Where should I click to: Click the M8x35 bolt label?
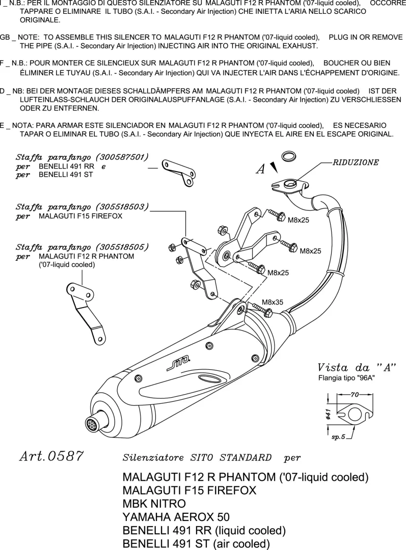pyautogui.click(x=273, y=301)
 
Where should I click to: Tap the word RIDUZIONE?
pyautogui.click(x=356, y=162)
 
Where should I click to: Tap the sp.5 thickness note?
pyautogui.click(x=339, y=437)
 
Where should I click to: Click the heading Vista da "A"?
pyautogui.click(x=357, y=368)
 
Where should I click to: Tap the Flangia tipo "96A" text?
pyautogui.click(x=346, y=378)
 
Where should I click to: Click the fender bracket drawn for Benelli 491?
pyautogui.click(x=177, y=172)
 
